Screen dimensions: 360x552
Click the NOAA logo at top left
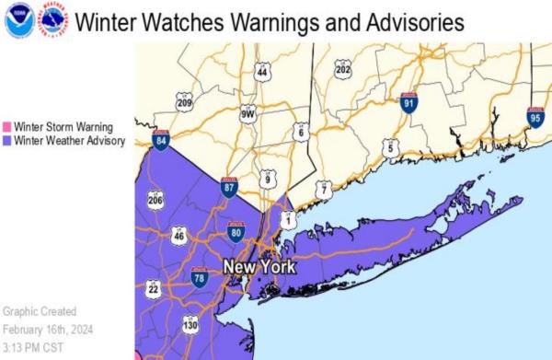pos(17,19)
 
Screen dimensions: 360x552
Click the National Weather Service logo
pos(53,19)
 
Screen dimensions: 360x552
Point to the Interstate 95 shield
pos(535,116)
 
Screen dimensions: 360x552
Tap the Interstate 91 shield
pos(409,103)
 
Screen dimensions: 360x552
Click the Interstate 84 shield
pos(162,141)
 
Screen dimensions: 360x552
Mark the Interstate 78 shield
pos(200,276)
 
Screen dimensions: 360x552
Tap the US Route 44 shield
pos(262,71)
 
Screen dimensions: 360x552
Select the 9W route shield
pos(247,115)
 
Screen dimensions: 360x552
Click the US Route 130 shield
pos(190,325)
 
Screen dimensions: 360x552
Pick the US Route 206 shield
pos(155,200)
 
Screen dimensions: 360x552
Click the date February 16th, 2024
pos(46,329)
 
